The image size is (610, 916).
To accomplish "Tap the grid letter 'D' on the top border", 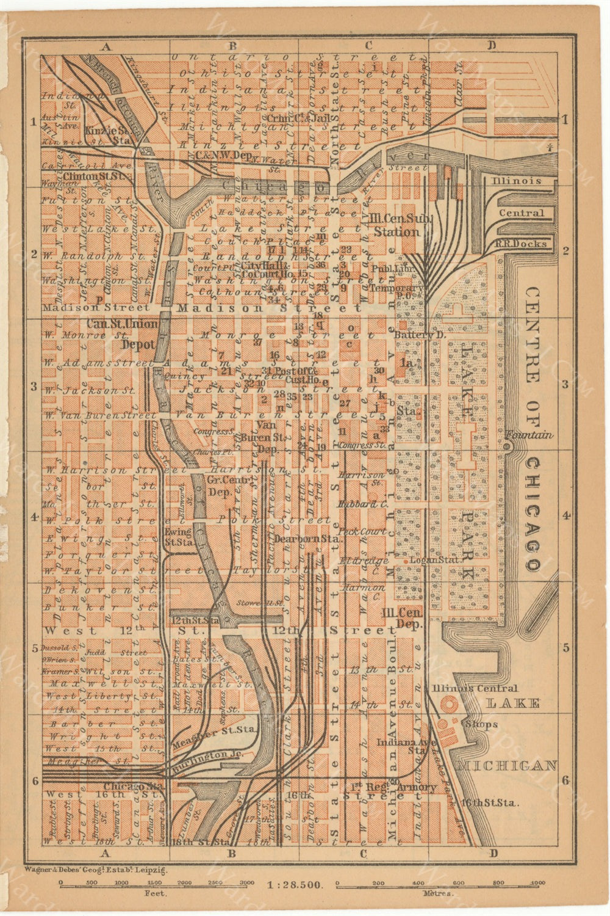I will pyautogui.click(x=492, y=45).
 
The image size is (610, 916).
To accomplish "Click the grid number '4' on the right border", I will pyautogui.click(x=567, y=516).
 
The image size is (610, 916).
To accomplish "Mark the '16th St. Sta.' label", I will pyautogui.click(x=490, y=802).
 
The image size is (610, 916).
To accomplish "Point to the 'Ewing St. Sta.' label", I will pyautogui.click(x=178, y=536).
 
